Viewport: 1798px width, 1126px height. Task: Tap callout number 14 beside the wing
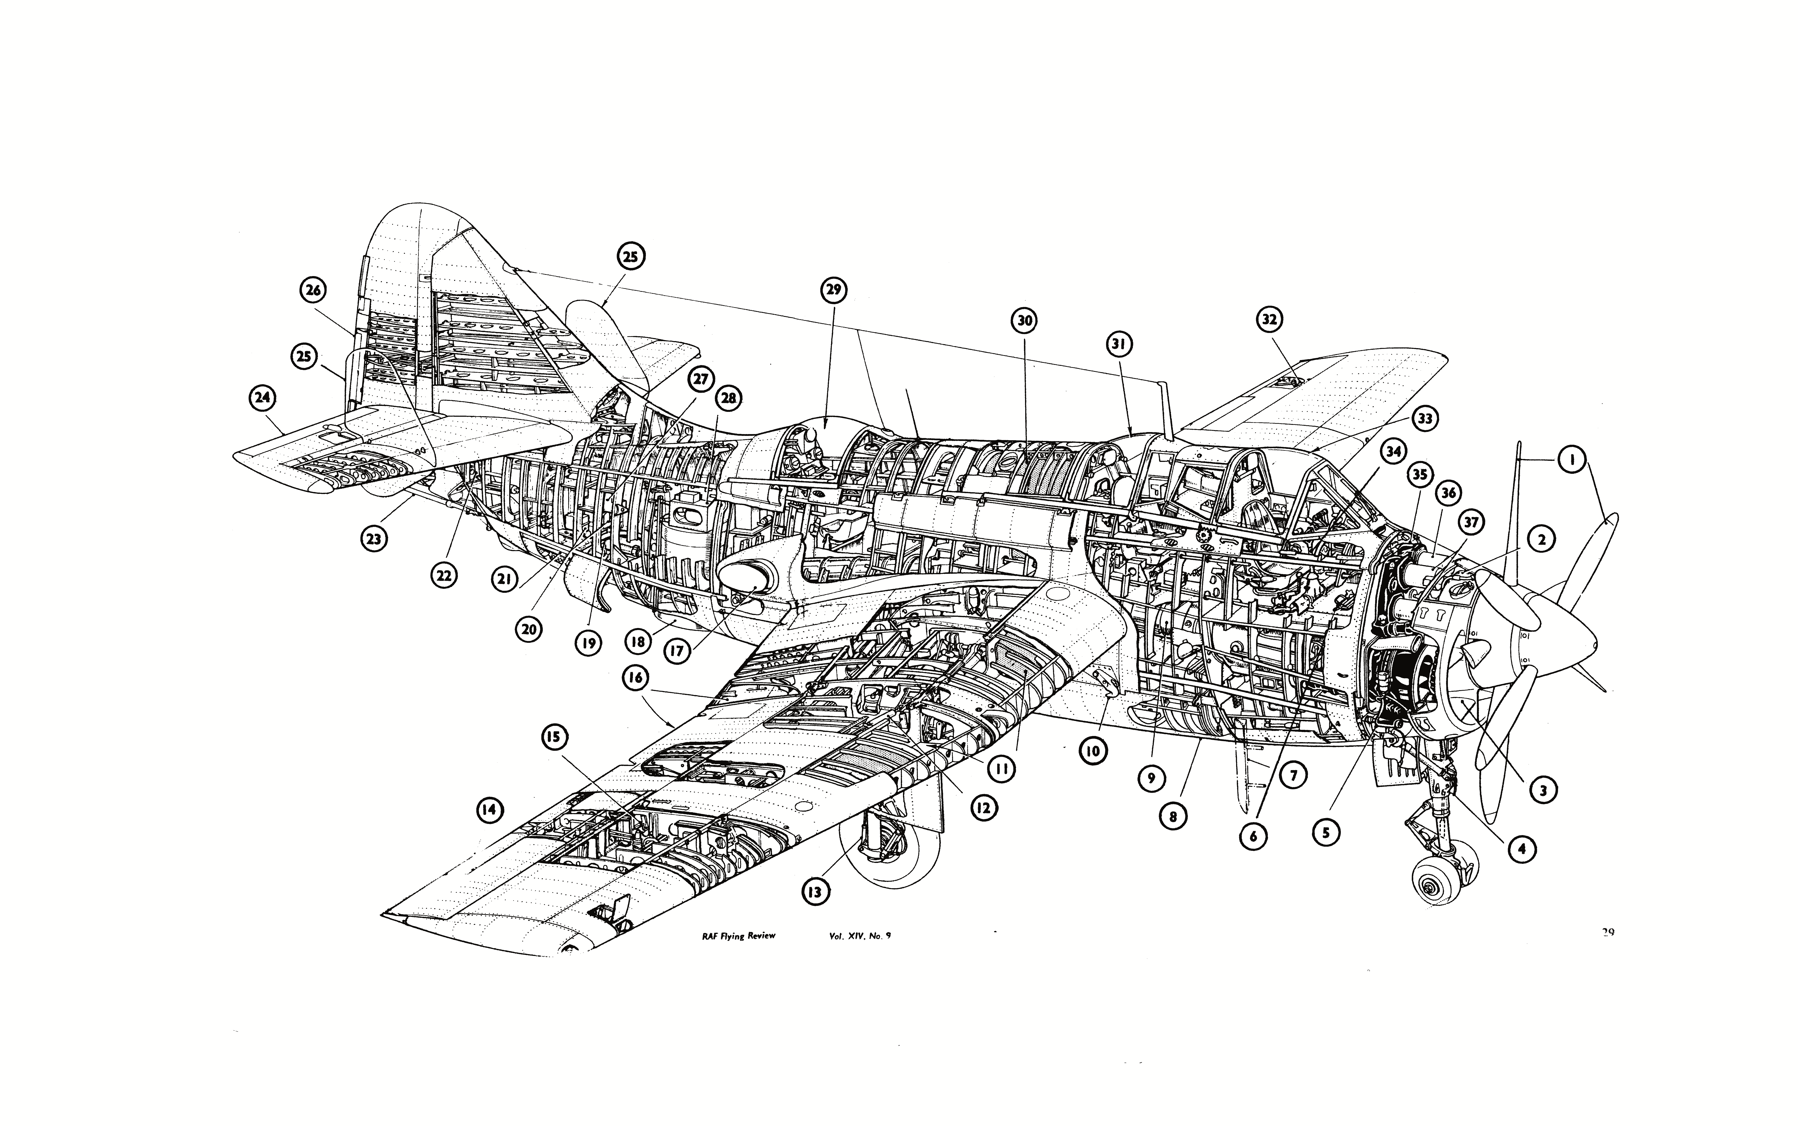click(488, 810)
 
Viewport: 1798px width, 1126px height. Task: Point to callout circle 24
click(262, 399)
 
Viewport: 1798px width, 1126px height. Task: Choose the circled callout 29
click(834, 290)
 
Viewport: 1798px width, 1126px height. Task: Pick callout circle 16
click(637, 678)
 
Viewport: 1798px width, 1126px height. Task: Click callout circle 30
click(1024, 321)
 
